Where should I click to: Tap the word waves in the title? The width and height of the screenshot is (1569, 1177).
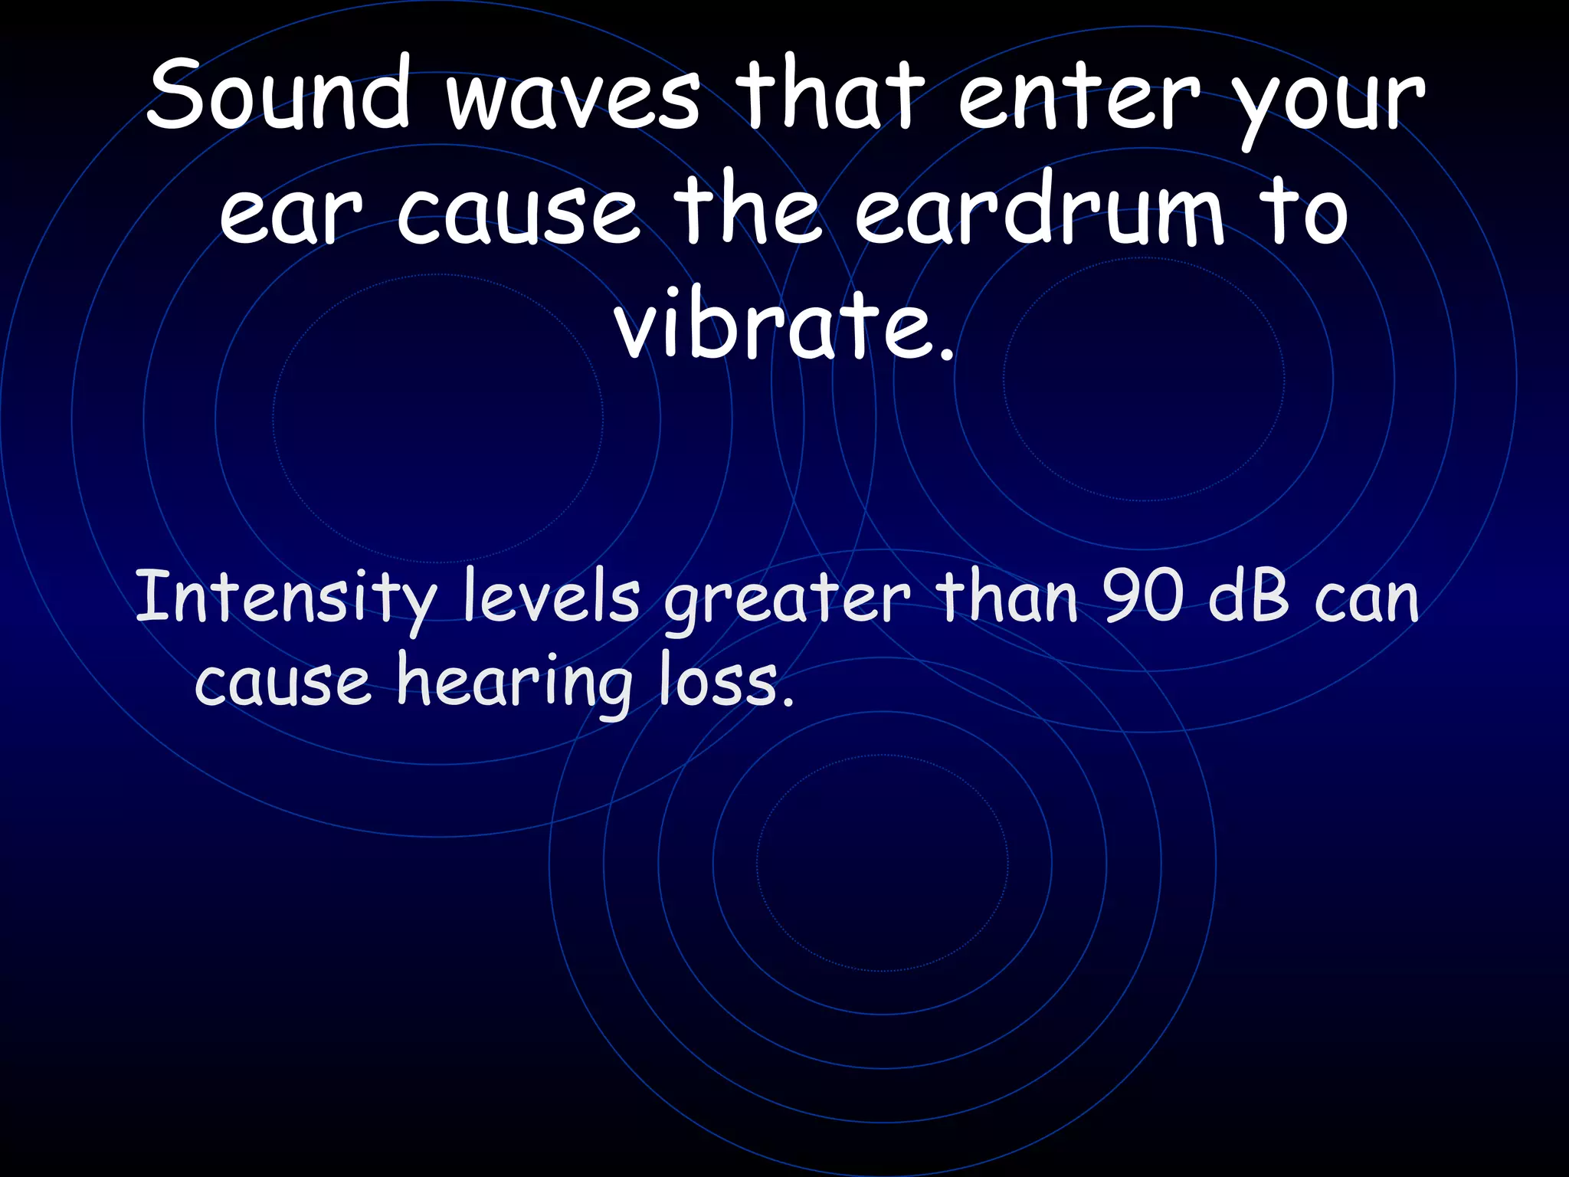[573, 100]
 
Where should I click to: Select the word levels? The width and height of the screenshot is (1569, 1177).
[552, 598]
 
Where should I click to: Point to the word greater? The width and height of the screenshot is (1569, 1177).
[788, 602]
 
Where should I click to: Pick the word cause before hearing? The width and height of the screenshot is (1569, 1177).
[283, 682]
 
